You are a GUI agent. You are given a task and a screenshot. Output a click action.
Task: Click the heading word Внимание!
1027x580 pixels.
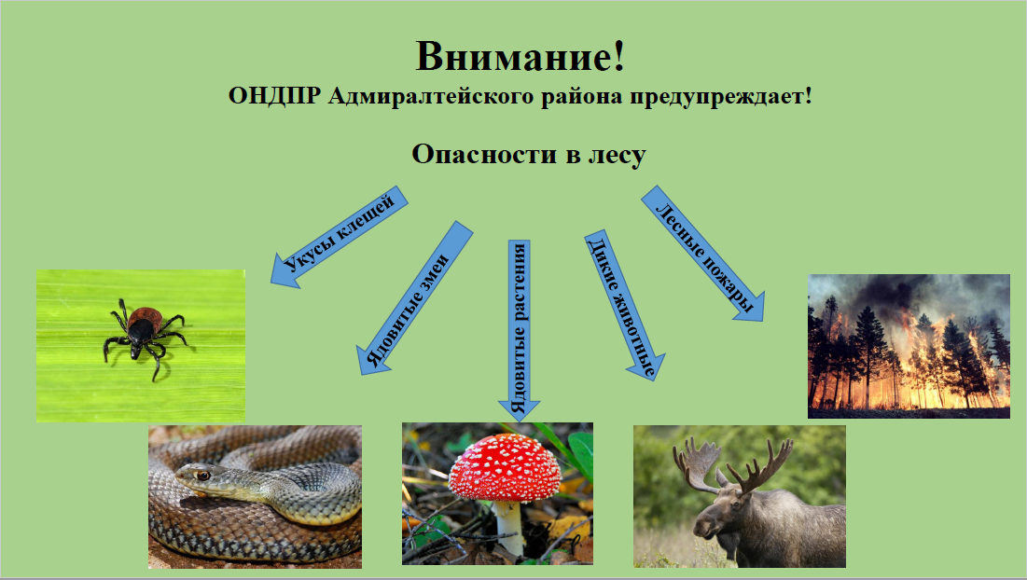point(520,56)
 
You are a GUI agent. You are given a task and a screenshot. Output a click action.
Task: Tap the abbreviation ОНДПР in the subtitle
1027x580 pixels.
point(274,97)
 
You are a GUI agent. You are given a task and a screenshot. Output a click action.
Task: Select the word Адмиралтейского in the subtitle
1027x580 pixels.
point(431,97)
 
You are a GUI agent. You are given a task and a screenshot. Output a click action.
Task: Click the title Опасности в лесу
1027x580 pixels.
point(529,155)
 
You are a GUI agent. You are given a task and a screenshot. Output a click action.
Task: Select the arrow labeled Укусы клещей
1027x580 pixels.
point(340,237)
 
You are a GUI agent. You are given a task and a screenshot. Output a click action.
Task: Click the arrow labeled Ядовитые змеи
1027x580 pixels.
point(414,297)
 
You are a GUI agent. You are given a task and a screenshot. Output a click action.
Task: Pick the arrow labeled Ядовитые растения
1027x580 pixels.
point(519,330)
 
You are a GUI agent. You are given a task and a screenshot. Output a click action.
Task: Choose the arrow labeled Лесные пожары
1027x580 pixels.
point(702,254)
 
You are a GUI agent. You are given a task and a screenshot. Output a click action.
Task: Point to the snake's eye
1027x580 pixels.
point(203,475)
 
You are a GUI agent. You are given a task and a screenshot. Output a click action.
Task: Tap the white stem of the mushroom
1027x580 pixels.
point(509,527)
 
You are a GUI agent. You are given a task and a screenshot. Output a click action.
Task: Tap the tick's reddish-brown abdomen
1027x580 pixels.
point(146,319)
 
